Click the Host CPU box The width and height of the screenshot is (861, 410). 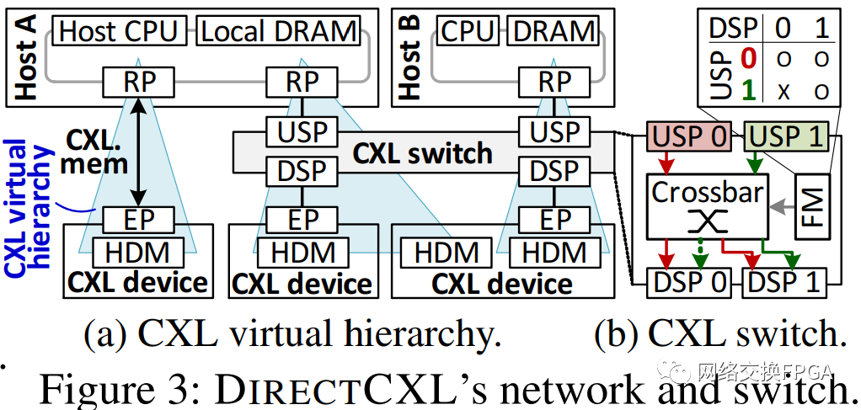pyautogui.click(x=119, y=32)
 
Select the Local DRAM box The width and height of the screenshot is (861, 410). pyautogui.click(x=280, y=32)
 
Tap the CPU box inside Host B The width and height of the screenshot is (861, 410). pyautogui.click(x=467, y=32)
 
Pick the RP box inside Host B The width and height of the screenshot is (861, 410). pyautogui.click(x=554, y=83)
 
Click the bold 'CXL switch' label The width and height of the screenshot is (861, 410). pyautogui.click(x=422, y=153)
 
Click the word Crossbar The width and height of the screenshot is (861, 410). pyautogui.click(x=707, y=191)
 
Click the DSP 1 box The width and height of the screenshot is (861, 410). pyautogui.click(x=785, y=283)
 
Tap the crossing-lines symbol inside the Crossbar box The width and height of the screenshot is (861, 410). pyautogui.click(x=707, y=221)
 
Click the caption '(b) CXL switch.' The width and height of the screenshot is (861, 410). pyautogui.click(x=720, y=335)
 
